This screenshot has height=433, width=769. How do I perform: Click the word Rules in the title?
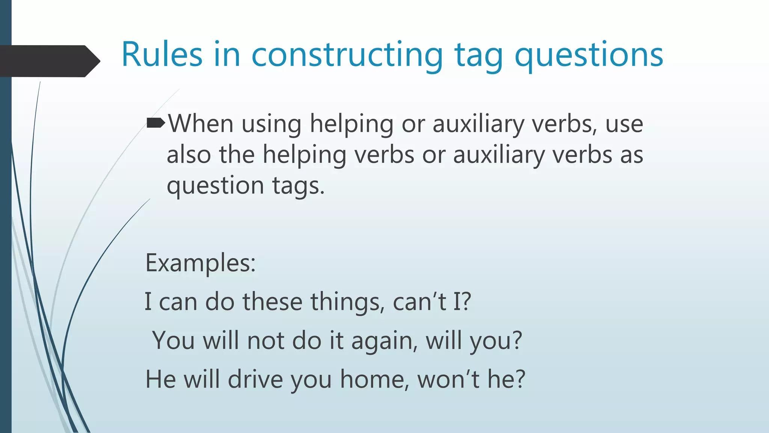point(162,55)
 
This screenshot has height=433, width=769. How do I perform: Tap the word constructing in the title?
point(347,55)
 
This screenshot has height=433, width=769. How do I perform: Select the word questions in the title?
point(588,55)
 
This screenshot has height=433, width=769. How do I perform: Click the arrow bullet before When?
point(155,123)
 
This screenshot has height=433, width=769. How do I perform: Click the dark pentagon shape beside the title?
point(49,61)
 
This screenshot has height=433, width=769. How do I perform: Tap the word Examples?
point(201,263)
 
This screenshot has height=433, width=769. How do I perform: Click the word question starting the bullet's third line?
point(215,186)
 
